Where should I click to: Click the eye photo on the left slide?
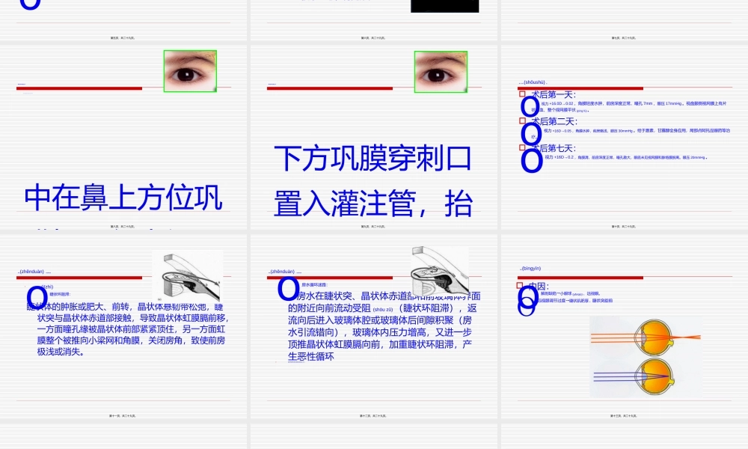(190, 71)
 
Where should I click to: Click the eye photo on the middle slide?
(441, 71)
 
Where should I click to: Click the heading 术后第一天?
(554, 94)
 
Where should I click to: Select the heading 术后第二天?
(554, 121)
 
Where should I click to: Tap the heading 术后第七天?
(554, 148)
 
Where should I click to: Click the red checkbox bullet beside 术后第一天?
(522, 94)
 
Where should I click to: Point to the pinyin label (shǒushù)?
(534, 82)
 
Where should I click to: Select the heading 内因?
(539, 286)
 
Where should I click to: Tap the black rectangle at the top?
(444, 6)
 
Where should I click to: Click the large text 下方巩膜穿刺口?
(373, 159)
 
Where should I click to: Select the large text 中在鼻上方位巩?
(123, 198)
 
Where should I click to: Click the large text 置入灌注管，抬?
(373, 203)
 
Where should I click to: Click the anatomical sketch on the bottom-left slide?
(187, 276)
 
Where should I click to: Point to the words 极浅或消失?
(60, 351)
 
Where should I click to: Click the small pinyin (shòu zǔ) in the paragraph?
(382, 309)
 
